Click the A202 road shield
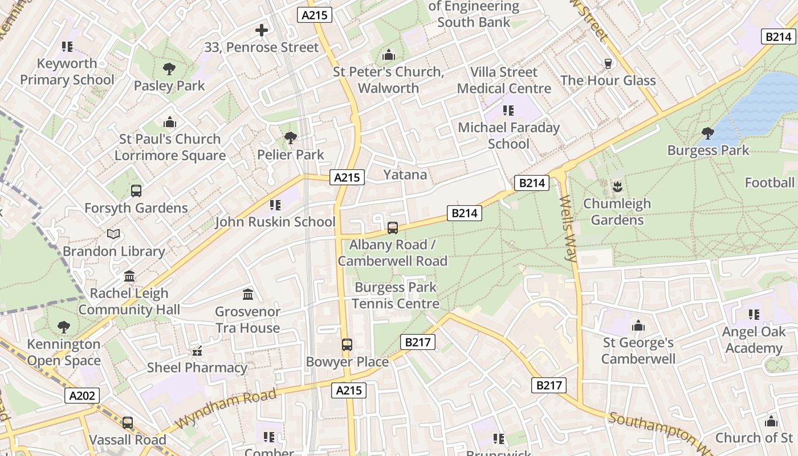click(x=82, y=396)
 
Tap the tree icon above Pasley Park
click(x=169, y=70)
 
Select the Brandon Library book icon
click(x=113, y=234)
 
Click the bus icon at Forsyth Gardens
click(x=136, y=191)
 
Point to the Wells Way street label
click(x=569, y=229)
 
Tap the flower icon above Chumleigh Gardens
click(x=617, y=186)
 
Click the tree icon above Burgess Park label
click(x=708, y=133)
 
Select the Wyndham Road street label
click(x=226, y=409)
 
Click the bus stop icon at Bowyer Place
click(x=347, y=344)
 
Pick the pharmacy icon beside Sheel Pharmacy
click(x=197, y=351)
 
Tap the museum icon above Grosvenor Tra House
click(x=248, y=295)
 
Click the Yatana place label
click(x=405, y=174)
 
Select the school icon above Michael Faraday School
click(x=508, y=111)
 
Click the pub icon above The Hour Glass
click(x=608, y=63)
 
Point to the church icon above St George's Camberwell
click(x=638, y=325)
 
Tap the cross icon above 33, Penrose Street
click(x=262, y=30)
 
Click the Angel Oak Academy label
click(x=754, y=340)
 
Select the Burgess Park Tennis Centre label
click(x=395, y=295)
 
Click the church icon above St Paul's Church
click(x=170, y=122)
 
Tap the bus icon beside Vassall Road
click(x=128, y=423)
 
